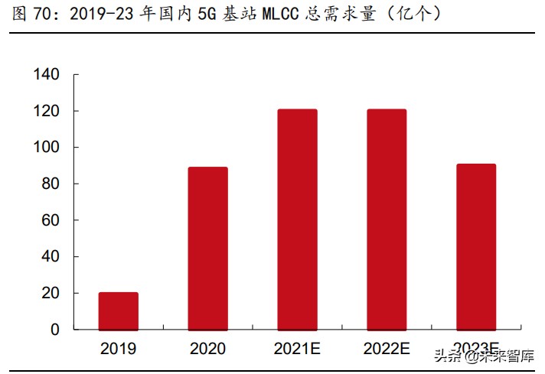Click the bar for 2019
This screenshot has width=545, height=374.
click(119, 311)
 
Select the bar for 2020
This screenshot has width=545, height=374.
click(208, 248)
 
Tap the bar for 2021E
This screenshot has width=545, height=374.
click(297, 219)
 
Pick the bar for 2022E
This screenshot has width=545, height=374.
click(387, 219)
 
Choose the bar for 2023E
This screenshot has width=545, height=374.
click(476, 246)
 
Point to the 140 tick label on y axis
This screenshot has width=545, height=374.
click(47, 75)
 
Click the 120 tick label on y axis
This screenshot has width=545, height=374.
click(47, 112)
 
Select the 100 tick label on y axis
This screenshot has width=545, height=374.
click(47, 148)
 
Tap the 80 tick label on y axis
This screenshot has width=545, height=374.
click(51, 184)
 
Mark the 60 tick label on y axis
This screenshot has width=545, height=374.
click(51, 220)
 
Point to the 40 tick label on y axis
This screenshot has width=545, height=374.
click(51, 257)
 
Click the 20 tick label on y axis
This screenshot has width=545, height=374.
click(51, 294)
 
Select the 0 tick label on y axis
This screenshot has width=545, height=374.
click(54, 330)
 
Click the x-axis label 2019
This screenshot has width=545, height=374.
click(119, 349)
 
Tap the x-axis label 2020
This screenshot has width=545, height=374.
click(208, 349)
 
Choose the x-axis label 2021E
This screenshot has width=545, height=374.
click(297, 349)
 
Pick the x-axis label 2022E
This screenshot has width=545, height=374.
click(387, 349)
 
